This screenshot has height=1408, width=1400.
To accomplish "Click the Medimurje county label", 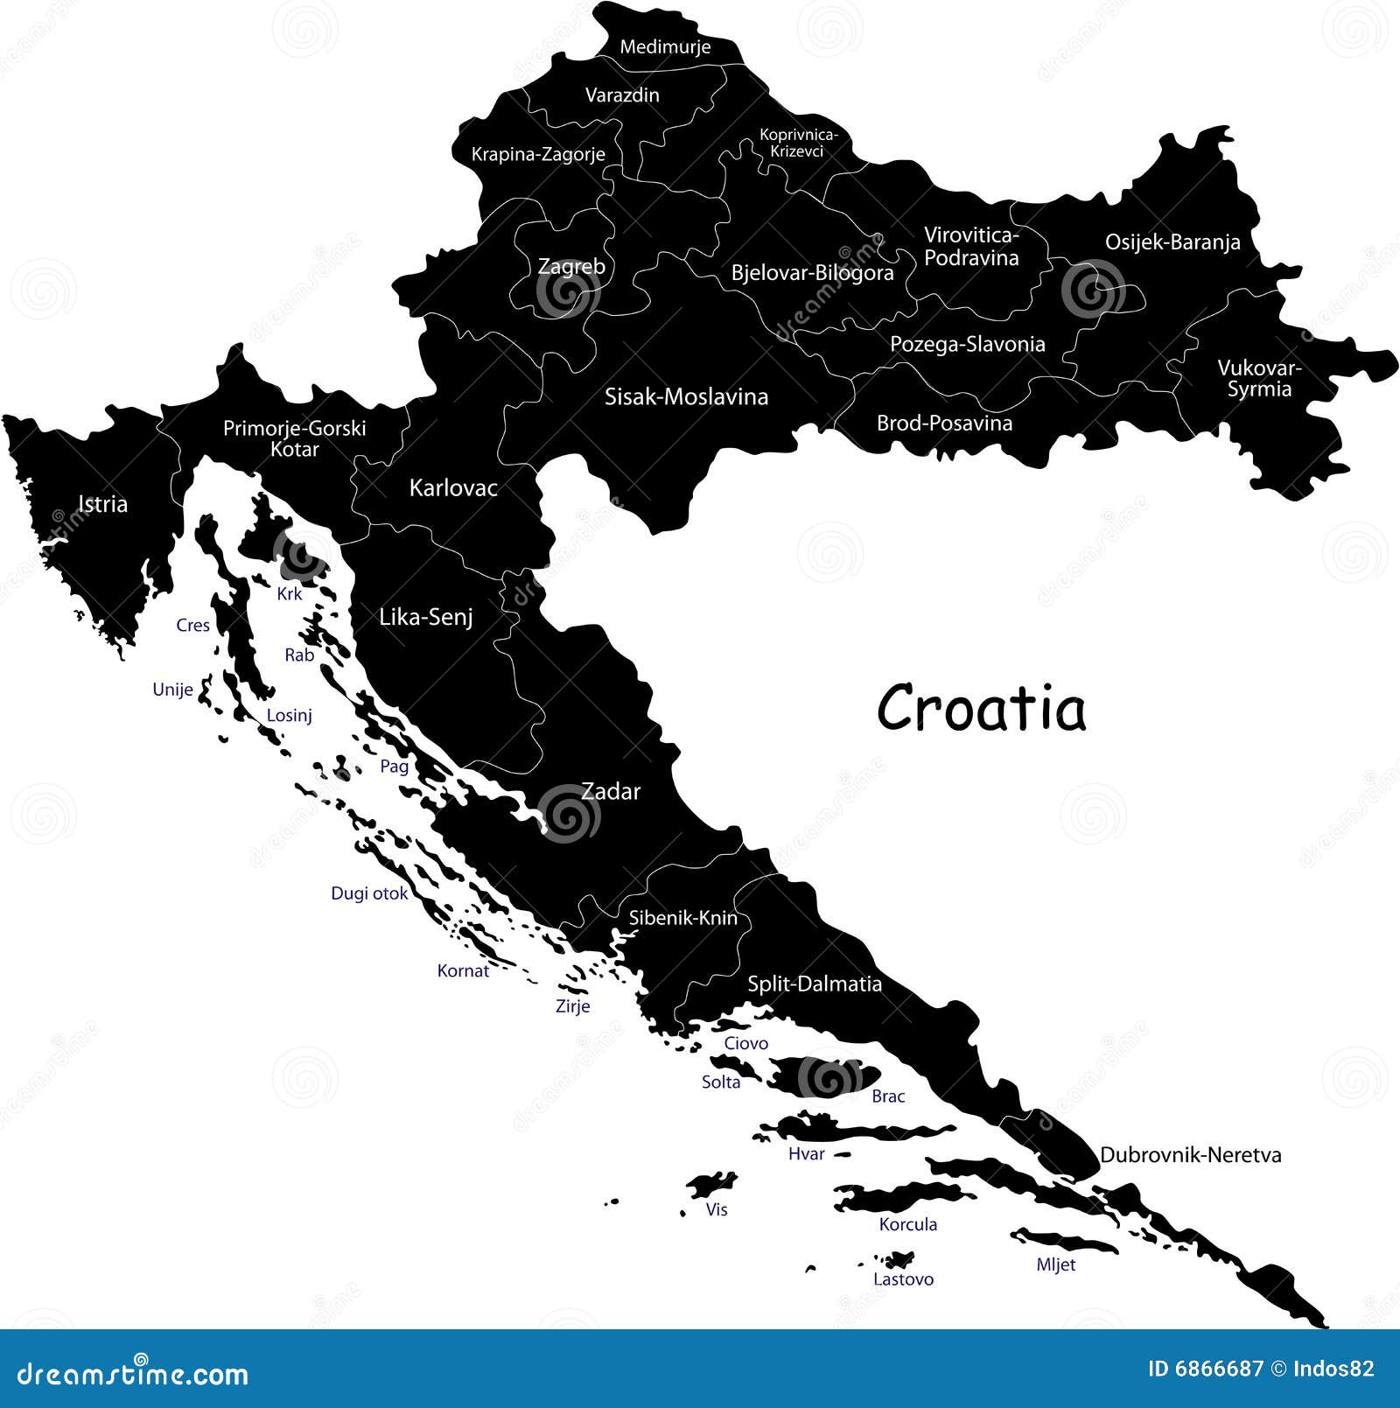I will click(665, 47).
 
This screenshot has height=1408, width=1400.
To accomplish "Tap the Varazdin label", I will click(622, 95).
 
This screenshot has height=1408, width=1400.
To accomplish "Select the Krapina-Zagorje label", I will click(538, 155).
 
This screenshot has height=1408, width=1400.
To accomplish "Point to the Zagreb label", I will click(570, 266).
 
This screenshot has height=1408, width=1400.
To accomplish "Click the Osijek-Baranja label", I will click(1172, 242).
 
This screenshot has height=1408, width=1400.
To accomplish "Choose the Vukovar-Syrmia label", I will click(1259, 379).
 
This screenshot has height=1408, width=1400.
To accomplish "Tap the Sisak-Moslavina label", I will click(686, 397).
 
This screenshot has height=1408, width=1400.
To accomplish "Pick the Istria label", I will click(102, 504).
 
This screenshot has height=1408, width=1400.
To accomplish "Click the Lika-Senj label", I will click(426, 618).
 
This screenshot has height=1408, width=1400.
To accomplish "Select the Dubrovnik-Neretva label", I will click(1190, 1155).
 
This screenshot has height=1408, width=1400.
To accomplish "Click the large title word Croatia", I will click(981, 708).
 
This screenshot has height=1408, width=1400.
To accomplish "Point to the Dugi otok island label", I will click(369, 893).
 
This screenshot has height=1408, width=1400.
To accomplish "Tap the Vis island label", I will click(717, 1209).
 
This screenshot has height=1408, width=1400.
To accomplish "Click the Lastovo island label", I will click(903, 1279).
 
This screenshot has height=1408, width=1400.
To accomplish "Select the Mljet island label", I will click(1055, 1264).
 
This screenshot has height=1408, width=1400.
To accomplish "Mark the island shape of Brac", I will click(822, 1076).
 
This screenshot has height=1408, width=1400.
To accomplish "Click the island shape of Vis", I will click(710, 1186).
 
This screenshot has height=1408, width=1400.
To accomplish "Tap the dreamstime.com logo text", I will click(133, 1375).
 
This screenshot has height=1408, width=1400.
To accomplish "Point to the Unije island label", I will click(172, 690).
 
